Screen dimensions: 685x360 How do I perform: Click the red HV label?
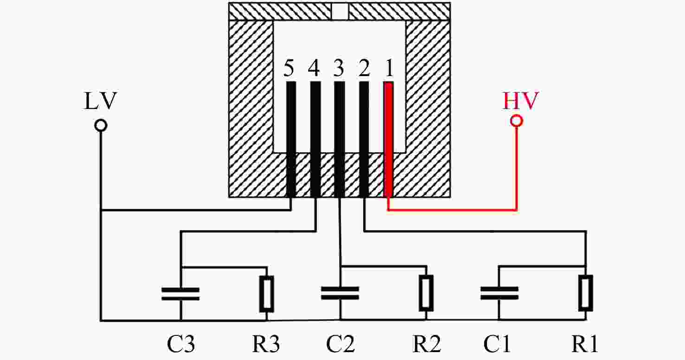pyautogui.click(x=520, y=101)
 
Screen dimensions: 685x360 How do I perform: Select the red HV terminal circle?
pyautogui.click(x=517, y=121)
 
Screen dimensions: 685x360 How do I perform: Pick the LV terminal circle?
pyautogui.click(x=101, y=125)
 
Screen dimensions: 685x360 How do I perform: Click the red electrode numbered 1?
pyautogui.click(x=388, y=139)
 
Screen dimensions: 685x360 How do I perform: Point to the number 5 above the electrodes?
pyautogui.click(x=289, y=68)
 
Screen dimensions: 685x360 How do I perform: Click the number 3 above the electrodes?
pyautogui.click(x=339, y=68)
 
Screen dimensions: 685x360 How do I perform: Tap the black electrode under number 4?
pyautogui.click(x=316, y=139)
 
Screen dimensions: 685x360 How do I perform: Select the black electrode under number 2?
pyautogui.click(x=364, y=139)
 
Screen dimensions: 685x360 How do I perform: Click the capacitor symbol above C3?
pyautogui.click(x=181, y=294)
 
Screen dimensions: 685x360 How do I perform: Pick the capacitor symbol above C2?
pyautogui.click(x=340, y=293)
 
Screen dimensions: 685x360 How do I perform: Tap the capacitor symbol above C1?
pyautogui.click(x=499, y=293)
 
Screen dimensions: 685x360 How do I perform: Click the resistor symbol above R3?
pyautogui.click(x=267, y=294)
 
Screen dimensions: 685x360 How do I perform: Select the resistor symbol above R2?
pyautogui.click(x=427, y=293)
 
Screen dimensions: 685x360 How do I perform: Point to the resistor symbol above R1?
pyautogui.click(x=586, y=293)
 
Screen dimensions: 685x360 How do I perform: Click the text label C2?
pyautogui.click(x=340, y=344)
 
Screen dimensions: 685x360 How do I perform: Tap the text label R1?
pyautogui.click(x=585, y=344)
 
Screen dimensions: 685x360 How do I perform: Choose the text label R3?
pyautogui.click(x=266, y=344)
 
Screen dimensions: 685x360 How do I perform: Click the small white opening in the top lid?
pyautogui.click(x=340, y=11)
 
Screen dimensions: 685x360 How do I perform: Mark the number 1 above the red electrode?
pyautogui.click(x=389, y=68)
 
